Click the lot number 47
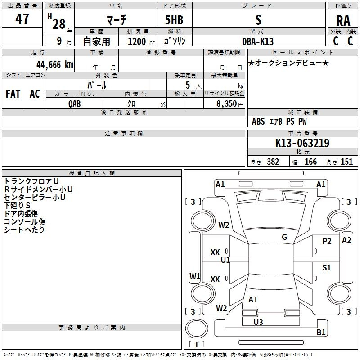click(22, 19)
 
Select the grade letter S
click(258, 19)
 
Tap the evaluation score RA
click(343, 21)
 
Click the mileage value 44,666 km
click(48, 64)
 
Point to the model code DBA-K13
click(258, 41)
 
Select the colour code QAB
click(75, 103)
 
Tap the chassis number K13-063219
click(302, 143)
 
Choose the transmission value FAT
click(13, 94)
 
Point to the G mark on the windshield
click(284, 237)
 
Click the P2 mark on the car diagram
click(327, 241)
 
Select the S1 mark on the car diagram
click(327, 268)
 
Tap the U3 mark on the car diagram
click(258, 322)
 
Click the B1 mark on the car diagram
click(321, 333)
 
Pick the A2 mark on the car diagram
click(346, 240)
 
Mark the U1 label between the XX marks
click(225, 260)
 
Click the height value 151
click(346, 162)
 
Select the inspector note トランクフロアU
click(31, 181)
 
